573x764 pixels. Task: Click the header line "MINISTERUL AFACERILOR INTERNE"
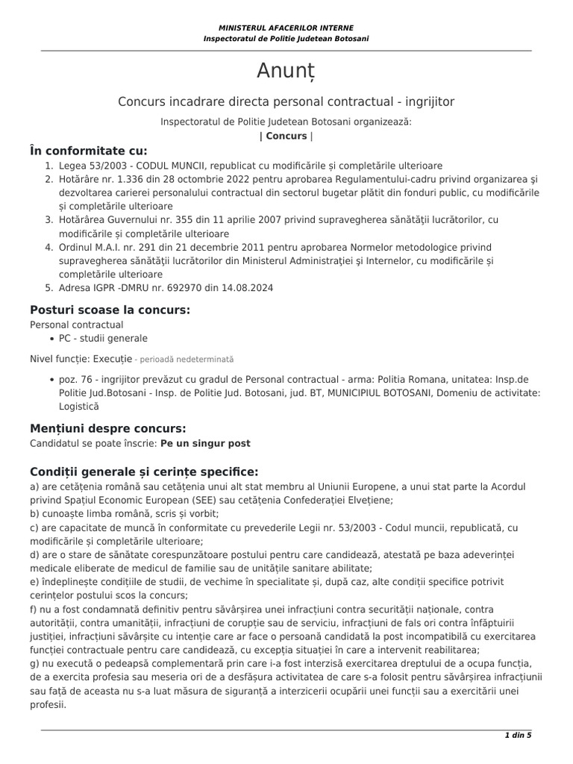286,28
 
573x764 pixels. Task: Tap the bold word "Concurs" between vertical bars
286,136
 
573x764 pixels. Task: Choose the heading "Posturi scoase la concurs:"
110,310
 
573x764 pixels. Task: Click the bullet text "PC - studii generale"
104,338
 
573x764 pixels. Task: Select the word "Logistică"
78,407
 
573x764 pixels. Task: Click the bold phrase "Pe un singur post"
205,443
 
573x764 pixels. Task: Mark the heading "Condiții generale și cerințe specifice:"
144,472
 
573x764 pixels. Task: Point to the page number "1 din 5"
518,736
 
